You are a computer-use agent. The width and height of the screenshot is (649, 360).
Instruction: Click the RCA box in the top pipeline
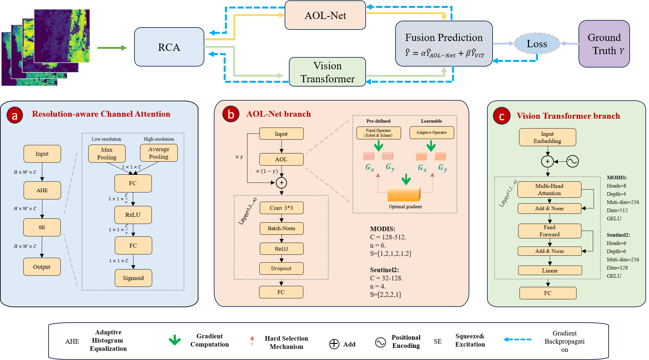tap(169, 47)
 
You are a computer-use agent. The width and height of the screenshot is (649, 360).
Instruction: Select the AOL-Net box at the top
tap(325, 15)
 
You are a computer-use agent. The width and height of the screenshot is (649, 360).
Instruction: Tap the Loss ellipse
tap(537, 44)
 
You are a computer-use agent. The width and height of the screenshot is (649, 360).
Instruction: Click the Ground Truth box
tap(604, 44)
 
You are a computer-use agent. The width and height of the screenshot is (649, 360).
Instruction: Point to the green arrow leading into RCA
tap(112, 48)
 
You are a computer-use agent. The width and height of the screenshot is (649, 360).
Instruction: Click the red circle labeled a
tap(15, 115)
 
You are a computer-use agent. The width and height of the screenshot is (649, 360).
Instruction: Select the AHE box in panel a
tap(42, 190)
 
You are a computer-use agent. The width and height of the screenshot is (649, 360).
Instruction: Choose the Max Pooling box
tap(107, 153)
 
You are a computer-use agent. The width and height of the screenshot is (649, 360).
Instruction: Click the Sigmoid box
tap(133, 278)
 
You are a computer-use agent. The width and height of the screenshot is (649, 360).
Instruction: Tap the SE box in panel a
tap(42, 228)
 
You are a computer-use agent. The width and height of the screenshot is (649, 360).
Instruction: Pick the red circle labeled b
tap(231, 114)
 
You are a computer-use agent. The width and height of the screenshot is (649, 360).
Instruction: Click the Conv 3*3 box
tap(281, 208)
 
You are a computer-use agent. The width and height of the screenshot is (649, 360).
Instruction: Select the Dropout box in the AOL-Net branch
tap(281, 269)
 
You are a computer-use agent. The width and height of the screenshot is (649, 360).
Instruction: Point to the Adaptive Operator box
tap(432, 132)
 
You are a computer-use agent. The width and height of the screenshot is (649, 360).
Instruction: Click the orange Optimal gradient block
tap(404, 194)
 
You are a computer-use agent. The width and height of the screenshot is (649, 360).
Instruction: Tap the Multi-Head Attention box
tap(549, 190)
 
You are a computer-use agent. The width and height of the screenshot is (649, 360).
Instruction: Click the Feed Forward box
tap(549, 231)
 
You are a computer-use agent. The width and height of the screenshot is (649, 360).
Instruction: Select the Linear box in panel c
tap(550, 270)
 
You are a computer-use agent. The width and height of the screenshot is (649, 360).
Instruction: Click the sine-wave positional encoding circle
tap(573, 161)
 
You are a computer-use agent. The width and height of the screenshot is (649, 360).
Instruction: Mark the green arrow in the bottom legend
tap(175, 340)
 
